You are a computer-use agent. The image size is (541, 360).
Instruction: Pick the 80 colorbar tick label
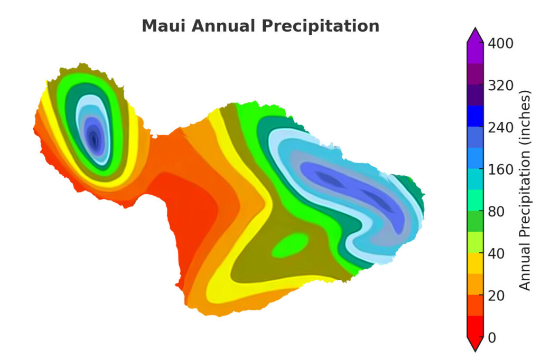point(495,212)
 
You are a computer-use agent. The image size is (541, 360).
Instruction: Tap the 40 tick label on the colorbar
point(495,254)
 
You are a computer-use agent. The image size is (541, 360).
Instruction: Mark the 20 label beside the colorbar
point(495,296)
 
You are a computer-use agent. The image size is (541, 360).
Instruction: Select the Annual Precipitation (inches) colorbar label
point(524,191)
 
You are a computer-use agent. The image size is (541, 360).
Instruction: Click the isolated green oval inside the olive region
point(290,244)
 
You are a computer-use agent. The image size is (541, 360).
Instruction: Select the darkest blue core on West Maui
point(95,140)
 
